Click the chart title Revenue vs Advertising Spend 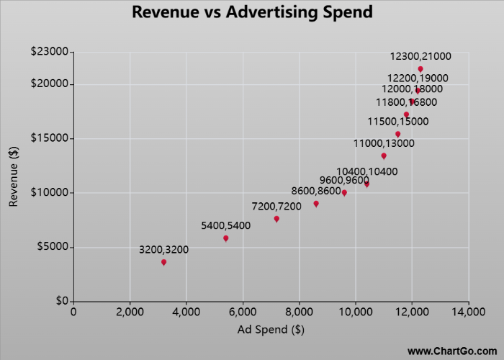[x=253, y=12]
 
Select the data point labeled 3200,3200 [x=164, y=262]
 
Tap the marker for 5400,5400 [x=226, y=238]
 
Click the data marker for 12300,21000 [x=420, y=69]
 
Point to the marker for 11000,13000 [x=384, y=156]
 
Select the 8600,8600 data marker [x=316, y=204]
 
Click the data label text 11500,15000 [x=398, y=122]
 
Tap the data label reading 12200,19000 [x=418, y=78]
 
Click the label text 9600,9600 [x=344, y=181]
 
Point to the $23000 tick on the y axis [x=49, y=52]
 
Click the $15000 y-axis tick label [x=49, y=138]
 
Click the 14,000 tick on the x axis [x=469, y=312]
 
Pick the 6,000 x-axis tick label [x=243, y=312]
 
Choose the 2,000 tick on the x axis [x=130, y=312]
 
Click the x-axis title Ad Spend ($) [x=271, y=330]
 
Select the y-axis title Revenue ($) [x=14, y=176]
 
